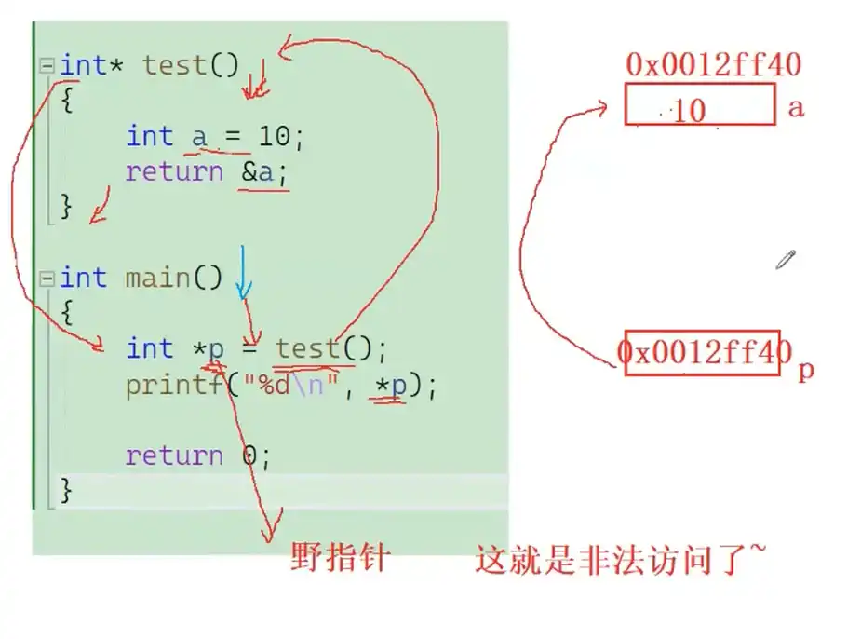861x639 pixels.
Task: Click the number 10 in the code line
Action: [x=274, y=137]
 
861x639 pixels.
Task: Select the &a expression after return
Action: [x=264, y=172]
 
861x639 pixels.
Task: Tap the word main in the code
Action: [x=160, y=278]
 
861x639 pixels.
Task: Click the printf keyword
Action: [x=174, y=385]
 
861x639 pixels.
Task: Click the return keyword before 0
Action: [x=174, y=455]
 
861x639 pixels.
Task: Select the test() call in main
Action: [x=322, y=349]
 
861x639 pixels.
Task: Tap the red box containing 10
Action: [x=700, y=104]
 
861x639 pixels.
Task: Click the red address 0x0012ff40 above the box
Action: [x=713, y=65]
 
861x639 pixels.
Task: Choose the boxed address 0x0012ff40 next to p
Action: [x=702, y=353]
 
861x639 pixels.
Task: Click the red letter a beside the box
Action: [x=795, y=107]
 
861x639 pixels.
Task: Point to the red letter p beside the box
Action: [x=806, y=371]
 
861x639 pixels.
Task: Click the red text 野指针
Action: [x=339, y=560]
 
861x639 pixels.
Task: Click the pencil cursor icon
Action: [x=786, y=259]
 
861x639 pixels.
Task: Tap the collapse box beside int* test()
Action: [x=47, y=66]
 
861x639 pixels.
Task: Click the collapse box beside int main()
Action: [x=47, y=278]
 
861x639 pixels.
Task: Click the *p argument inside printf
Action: [x=390, y=385]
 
